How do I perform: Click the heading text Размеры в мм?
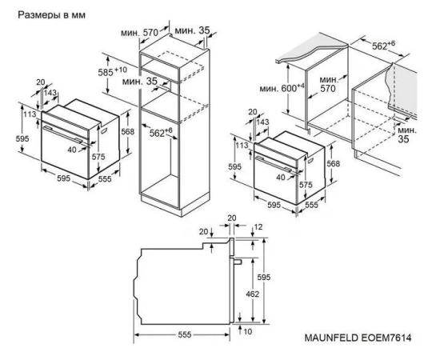(52, 15)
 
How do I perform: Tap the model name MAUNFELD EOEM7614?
(358, 338)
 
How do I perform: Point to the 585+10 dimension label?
(113, 72)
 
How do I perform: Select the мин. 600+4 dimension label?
(282, 88)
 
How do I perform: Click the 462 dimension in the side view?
(252, 294)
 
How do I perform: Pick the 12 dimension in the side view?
(258, 226)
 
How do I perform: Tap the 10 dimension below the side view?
(248, 332)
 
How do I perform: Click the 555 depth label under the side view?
(185, 334)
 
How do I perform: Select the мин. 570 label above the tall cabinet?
(140, 33)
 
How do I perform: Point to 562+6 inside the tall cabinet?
(161, 132)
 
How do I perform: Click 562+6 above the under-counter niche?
(383, 45)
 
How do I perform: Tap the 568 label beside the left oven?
(128, 131)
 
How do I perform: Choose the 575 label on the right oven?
(306, 185)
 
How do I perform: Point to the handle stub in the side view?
(236, 262)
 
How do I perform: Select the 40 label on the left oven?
(72, 150)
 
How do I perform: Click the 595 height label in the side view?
(264, 278)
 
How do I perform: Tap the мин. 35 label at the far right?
(407, 134)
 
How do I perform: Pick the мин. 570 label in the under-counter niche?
(329, 84)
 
